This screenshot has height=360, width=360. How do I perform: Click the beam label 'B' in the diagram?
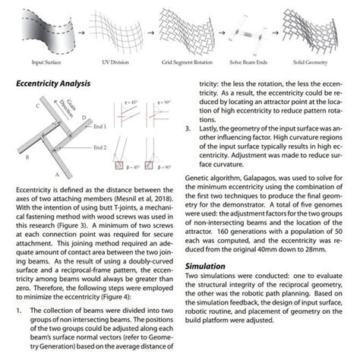[27, 157]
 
